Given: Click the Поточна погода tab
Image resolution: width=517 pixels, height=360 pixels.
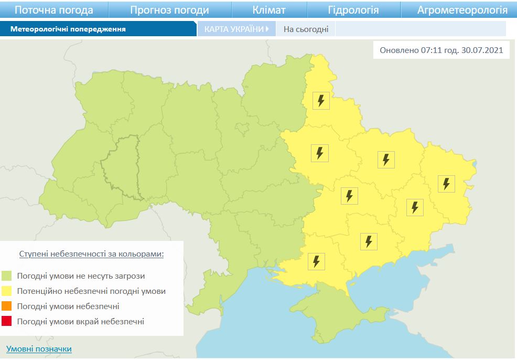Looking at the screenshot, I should [x=54, y=10].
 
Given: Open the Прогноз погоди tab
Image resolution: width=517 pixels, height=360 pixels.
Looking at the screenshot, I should [x=169, y=10].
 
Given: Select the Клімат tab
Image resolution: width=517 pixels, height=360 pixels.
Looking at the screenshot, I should [x=269, y=10].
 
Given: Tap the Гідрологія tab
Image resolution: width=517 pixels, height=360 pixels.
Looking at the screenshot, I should [x=353, y=10].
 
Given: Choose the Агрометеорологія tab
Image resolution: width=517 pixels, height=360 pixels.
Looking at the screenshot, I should [x=462, y=10].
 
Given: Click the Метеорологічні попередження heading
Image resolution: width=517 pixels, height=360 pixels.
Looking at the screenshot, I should [x=68, y=29].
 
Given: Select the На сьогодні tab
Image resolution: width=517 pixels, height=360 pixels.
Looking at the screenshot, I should [x=306, y=29].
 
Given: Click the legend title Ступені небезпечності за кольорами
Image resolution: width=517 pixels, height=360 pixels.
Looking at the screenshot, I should [x=91, y=254].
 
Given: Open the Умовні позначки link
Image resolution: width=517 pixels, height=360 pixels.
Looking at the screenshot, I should [x=39, y=349].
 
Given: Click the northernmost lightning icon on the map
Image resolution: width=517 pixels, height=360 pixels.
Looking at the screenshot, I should [x=321, y=100].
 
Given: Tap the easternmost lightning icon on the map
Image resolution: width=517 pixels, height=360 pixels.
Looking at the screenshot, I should [x=446, y=184].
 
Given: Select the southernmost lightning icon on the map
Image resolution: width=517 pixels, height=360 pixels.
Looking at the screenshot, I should [x=316, y=261].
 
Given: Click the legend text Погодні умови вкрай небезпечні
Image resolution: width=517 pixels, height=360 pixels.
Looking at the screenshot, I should [x=80, y=322].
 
